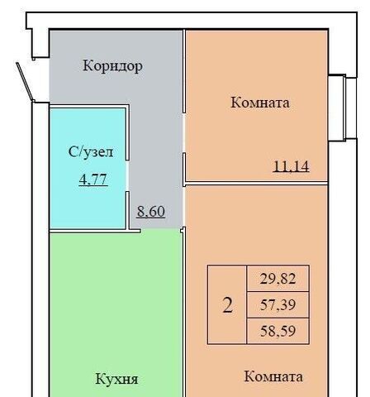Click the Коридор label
[x=112, y=66]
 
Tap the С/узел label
[x=91, y=152]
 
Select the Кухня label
[x=116, y=379]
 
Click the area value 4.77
[x=93, y=179]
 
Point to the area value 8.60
[x=151, y=212]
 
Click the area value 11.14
[x=291, y=166]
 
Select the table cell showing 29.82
[x=278, y=279]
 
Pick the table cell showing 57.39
[x=278, y=304]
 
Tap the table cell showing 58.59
[x=278, y=331]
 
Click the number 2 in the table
[x=227, y=305]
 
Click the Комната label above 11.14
[x=260, y=103]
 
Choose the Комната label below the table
[x=273, y=376]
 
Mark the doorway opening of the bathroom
[x=127, y=175]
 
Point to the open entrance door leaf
[x=25, y=82]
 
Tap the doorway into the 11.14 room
[x=184, y=133]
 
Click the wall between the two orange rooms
[x=257, y=184]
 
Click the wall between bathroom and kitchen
[x=95, y=231]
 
